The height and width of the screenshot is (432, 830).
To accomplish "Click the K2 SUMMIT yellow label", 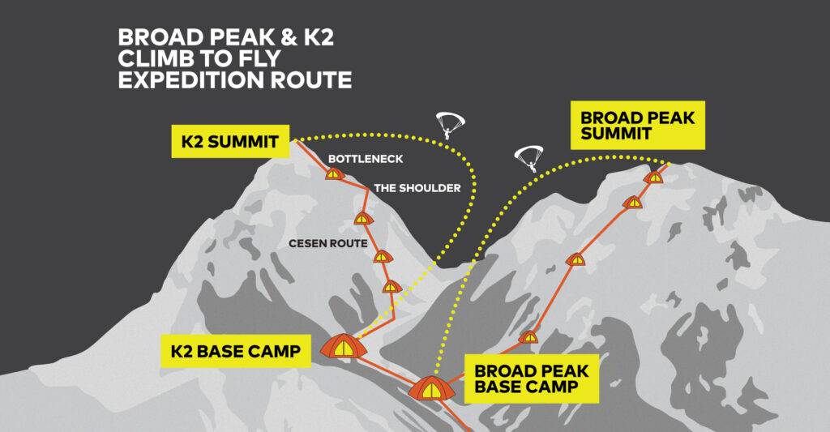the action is tap(230, 141).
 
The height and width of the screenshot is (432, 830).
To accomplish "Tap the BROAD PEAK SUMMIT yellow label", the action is tap(637, 125).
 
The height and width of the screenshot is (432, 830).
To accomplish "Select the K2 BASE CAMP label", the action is tap(236, 351).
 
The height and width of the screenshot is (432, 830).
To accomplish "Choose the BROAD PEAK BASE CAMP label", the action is tap(532, 379).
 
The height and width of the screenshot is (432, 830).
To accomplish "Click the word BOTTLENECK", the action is tap(366, 159).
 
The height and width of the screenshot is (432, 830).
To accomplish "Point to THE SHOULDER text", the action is tap(417, 188).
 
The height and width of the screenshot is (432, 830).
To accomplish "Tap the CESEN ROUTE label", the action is tap(327, 243).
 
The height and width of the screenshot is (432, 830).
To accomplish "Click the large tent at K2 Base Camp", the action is tap(344, 346).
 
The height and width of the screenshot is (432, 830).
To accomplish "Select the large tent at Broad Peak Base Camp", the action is tap(431, 388).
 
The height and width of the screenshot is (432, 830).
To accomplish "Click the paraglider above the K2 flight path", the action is tap(449, 124).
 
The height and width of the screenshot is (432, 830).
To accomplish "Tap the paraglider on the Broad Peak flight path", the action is tap(528, 159).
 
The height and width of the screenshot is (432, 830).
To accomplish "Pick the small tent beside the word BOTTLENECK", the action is tap(334, 173).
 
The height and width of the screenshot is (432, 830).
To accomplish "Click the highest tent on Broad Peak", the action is tap(654, 177).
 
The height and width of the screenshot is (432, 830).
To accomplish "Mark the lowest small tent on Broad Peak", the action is tap(528, 336).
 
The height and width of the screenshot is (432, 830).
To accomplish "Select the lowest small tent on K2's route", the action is tap(392, 286).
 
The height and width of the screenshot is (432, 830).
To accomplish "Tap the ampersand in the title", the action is tap(291, 37).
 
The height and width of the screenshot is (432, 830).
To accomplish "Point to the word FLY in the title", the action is tap(260, 58).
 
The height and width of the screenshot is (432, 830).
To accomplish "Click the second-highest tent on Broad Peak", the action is tap(632, 202).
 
